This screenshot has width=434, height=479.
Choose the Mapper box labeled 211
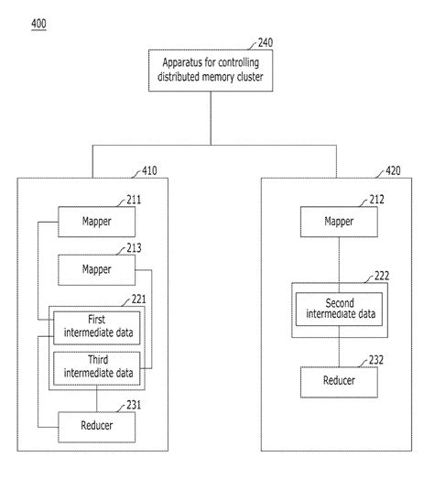click(97, 220)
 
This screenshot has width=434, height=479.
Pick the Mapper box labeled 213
click(97, 269)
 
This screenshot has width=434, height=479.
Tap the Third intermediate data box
click(96, 365)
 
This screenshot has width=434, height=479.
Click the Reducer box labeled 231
click(97, 426)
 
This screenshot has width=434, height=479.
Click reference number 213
click(135, 246)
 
